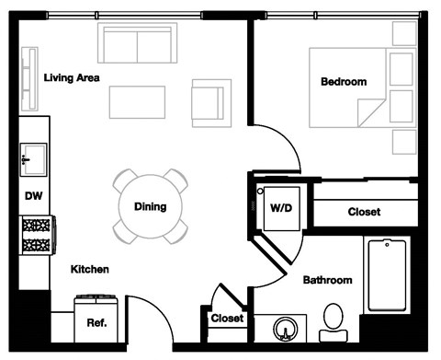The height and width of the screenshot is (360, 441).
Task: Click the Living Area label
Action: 72,77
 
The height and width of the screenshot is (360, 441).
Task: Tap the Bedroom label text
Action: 343,82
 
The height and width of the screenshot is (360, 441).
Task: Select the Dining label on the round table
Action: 150,206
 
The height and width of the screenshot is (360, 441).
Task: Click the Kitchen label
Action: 91,270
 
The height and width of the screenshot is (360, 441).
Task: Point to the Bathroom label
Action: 328,280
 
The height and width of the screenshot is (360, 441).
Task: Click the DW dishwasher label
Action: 33,195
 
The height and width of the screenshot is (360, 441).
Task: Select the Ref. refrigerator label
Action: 96,323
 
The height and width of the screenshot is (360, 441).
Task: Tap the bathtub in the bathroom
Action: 387,275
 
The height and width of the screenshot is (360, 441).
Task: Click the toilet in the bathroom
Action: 334,321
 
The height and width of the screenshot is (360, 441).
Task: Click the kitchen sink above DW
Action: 34,158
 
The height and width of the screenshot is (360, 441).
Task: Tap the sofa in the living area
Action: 138,43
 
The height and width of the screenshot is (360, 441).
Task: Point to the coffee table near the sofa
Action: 137,101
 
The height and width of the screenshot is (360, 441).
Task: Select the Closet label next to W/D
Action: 364,212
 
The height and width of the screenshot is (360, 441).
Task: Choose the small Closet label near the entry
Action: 227,319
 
